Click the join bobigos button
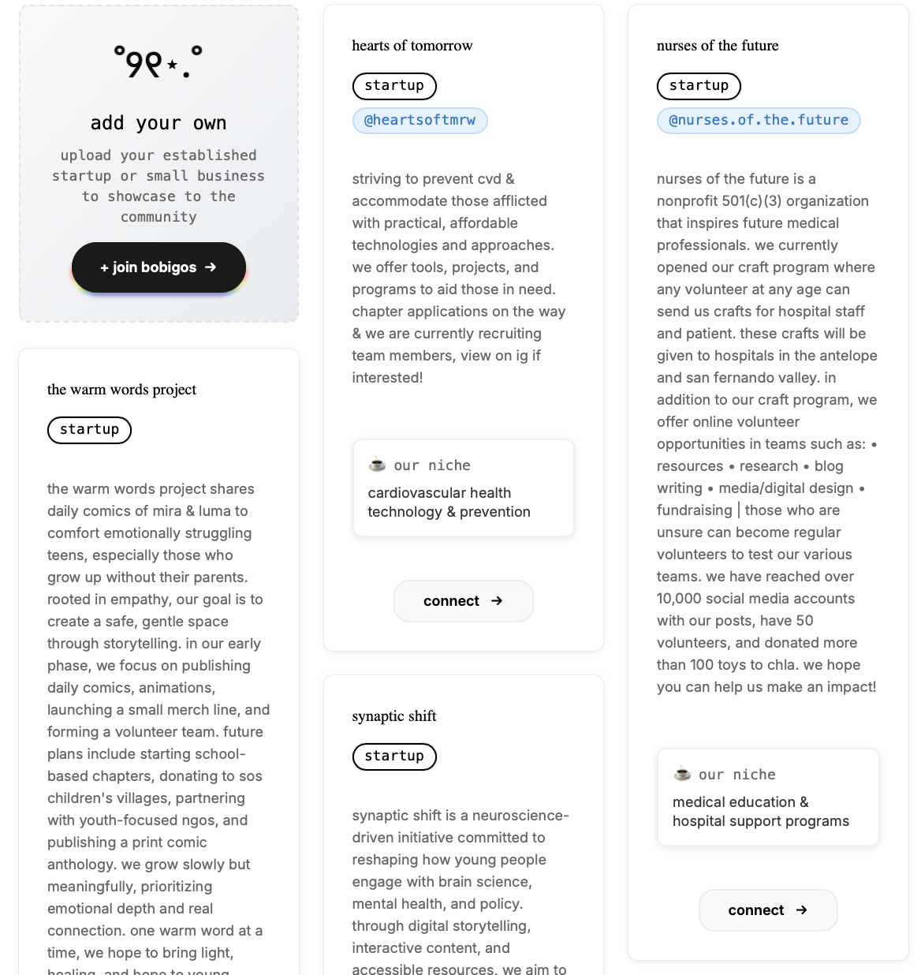coord(158,267)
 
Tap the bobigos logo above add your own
coord(158,62)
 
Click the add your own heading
coord(158,123)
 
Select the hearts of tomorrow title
coord(412,46)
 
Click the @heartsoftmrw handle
coord(419,121)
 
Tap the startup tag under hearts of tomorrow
coord(394,86)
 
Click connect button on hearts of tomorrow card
coord(463,601)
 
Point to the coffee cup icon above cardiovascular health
coord(378,465)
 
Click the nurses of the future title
coord(718,46)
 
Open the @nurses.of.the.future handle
coord(759,121)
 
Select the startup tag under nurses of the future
coord(699,86)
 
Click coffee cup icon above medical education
coord(682,775)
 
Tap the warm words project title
coord(122,390)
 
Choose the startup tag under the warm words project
coord(89,430)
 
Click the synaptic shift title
coord(394,716)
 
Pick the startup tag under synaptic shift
coord(394,756)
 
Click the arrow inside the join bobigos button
coord(211,267)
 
